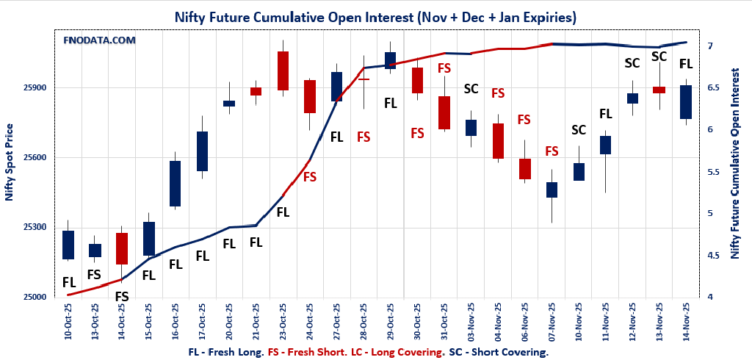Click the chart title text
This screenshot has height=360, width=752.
coord(375,16)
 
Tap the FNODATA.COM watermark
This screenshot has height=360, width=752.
coord(99,40)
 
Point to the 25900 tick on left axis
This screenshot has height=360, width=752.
coord(34,88)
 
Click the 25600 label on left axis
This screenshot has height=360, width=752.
coord(34,158)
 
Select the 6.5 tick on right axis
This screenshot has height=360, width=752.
coord(712,87)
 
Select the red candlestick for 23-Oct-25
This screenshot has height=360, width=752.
coord(283,71)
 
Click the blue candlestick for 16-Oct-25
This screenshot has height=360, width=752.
coord(175,184)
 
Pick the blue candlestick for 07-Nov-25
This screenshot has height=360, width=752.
coord(552,190)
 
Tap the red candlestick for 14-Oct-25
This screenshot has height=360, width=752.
coord(122,248)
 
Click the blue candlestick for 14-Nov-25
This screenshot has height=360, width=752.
coord(686,102)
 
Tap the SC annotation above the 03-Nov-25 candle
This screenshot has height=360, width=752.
coord(471,89)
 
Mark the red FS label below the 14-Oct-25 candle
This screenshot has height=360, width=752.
coord(122,297)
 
